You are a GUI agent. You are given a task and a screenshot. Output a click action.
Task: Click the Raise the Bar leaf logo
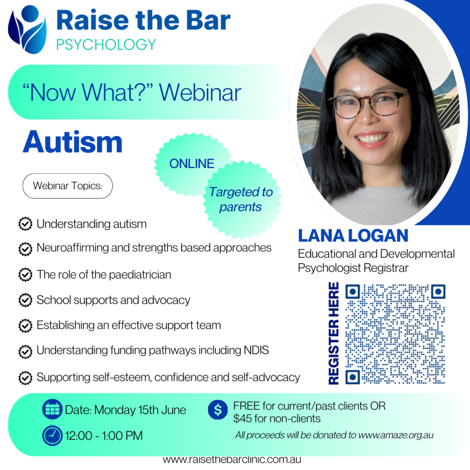[28, 29]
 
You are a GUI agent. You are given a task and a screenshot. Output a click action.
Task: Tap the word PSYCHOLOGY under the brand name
[106, 45]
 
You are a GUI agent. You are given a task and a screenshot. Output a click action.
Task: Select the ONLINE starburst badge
[192, 164]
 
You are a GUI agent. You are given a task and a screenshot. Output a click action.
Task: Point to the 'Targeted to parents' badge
[241, 200]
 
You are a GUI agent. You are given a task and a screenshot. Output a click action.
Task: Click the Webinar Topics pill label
[67, 186]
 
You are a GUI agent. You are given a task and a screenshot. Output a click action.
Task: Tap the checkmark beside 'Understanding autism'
[25, 224]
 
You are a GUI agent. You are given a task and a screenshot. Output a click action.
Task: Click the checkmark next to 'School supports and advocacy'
[25, 300]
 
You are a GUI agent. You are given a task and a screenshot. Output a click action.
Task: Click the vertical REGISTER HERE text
[334, 333]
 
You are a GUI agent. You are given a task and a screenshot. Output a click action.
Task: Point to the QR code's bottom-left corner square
[352, 377]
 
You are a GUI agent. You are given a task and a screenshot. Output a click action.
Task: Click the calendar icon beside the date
[52, 409]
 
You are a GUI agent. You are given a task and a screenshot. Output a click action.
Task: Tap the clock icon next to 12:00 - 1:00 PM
[52, 436]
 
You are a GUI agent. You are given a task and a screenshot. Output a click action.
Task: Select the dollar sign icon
[218, 409]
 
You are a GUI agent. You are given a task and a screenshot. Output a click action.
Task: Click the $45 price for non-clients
[244, 419]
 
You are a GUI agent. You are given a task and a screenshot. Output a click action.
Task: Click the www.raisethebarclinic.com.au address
[232, 459]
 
